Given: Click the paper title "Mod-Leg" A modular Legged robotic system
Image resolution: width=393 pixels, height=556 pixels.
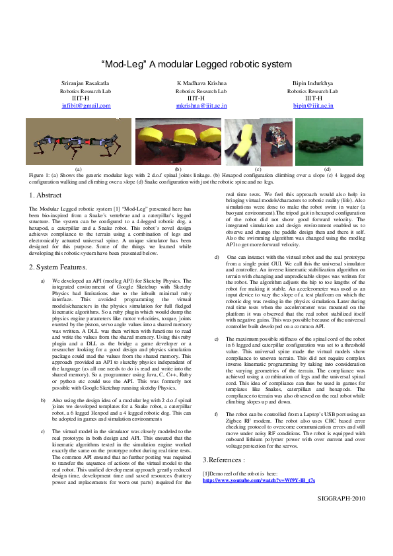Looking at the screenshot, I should click(196, 64).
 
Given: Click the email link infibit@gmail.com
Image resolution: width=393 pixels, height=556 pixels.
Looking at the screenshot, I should click(86, 105).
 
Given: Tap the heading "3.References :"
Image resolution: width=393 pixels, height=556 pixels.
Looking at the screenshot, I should click(225, 459).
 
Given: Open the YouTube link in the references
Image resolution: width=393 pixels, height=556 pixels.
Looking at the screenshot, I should click(259, 480).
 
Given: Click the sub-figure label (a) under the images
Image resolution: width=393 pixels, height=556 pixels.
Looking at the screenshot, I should click(79, 169).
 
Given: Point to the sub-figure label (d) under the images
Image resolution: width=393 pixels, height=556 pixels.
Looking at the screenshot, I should click(328, 169).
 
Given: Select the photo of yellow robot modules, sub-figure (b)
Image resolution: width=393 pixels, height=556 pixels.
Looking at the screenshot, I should click(177, 141).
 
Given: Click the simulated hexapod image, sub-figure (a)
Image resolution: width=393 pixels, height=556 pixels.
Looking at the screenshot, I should click(78, 141).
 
